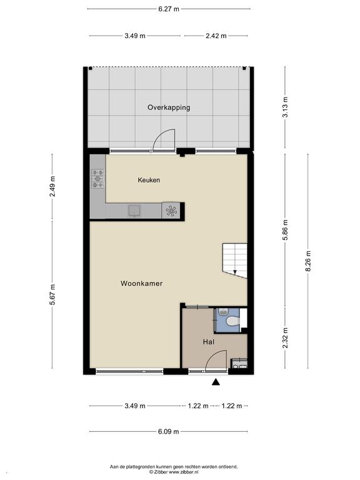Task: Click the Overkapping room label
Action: click(x=169, y=107)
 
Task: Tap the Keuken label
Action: click(x=149, y=180)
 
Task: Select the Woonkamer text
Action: click(x=141, y=284)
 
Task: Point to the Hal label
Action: click(x=209, y=342)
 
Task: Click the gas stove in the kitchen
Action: click(x=97, y=179)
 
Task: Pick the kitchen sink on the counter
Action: click(x=134, y=211)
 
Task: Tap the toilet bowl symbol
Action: click(x=232, y=321)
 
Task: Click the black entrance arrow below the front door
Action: click(x=216, y=382)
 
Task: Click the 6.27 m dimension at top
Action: click(x=169, y=9)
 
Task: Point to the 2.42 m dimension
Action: click(x=216, y=36)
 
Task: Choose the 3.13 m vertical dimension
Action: click(x=285, y=107)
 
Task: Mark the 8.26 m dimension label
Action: click(x=308, y=261)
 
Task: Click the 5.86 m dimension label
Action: click(x=285, y=230)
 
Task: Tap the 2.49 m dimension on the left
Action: click(x=52, y=187)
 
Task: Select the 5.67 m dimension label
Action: click(x=52, y=294)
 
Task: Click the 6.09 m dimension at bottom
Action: click(x=169, y=432)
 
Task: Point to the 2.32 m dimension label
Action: click(x=285, y=338)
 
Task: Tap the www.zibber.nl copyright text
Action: click(x=174, y=472)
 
